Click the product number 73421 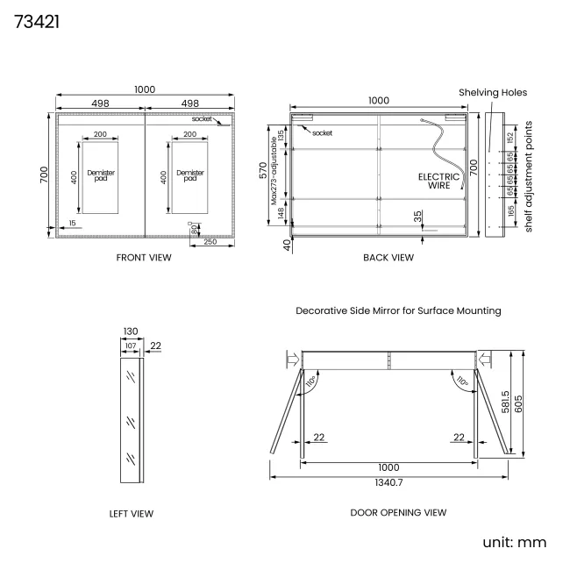point(37,22)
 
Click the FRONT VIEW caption point(144,258)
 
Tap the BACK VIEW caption point(388,258)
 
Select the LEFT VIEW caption point(132,514)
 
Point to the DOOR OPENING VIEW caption point(398,513)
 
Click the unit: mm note point(515,542)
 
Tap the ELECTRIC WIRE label point(438,181)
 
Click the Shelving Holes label point(493,92)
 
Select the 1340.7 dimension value point(388,482)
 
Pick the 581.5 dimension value point(505,402)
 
